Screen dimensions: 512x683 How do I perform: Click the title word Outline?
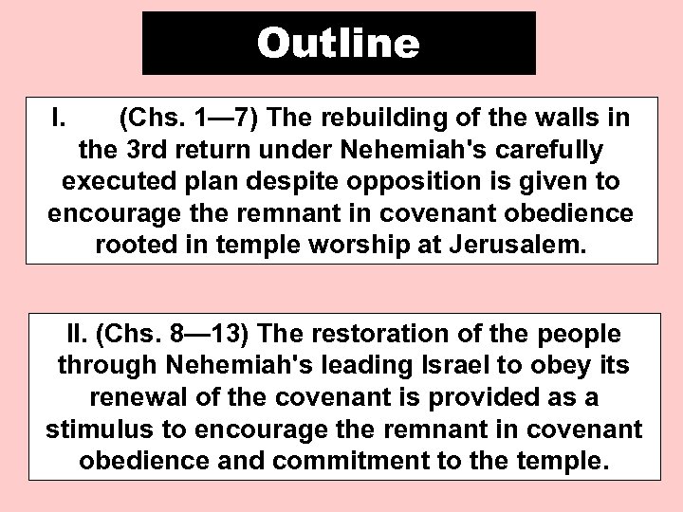pyautogui.click(x=338, y=43)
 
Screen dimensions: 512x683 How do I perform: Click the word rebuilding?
pyautogui.click(x=381, y=120)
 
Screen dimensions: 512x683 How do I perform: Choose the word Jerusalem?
pyautogui.click(x=525, y=246)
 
